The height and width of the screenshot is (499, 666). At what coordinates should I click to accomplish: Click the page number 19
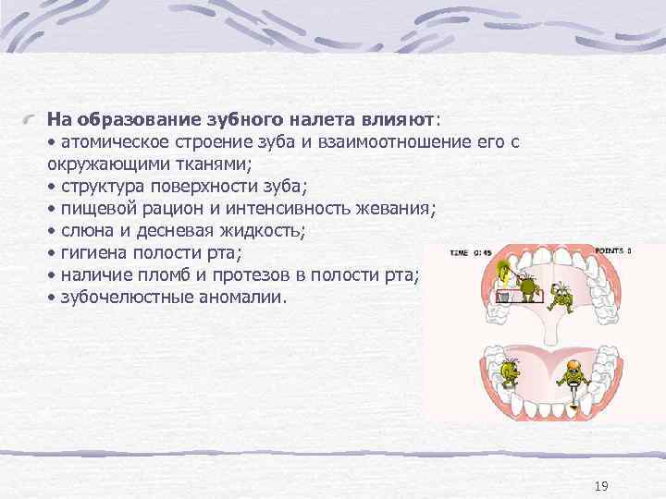click(x=602, y=486)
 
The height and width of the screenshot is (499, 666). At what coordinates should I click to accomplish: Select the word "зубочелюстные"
click(x=119, y=297)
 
